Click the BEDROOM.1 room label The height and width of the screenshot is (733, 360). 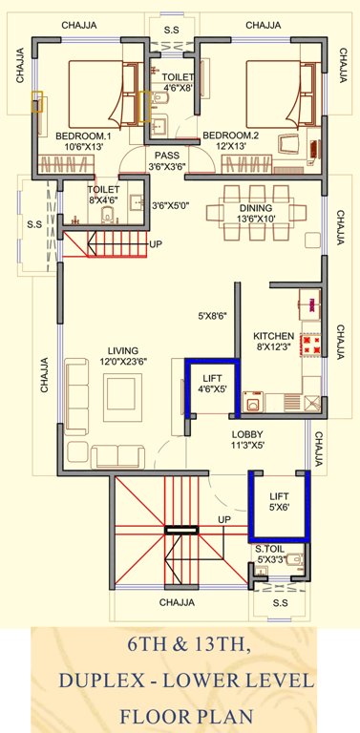83,136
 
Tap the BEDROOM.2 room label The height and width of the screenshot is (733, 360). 230,136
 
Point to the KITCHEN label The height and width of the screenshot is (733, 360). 272,336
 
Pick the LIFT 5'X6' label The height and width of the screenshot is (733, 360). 279,502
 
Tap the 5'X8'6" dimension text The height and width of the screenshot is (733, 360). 212,316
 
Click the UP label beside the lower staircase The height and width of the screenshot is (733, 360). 224,520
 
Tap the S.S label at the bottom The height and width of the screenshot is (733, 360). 280,603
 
